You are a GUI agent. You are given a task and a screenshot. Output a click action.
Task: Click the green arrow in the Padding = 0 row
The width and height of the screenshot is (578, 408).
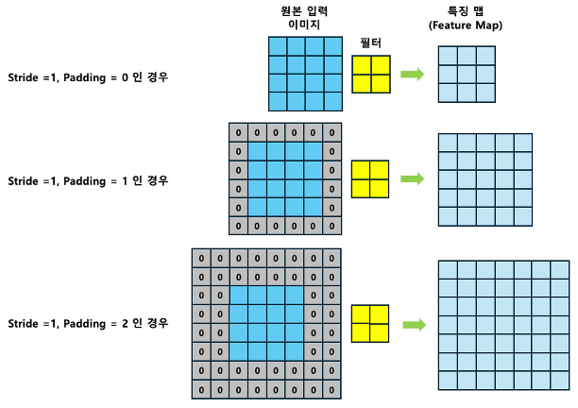(x=412, y=73)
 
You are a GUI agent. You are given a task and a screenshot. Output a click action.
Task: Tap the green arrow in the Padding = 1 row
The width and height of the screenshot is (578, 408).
(x=412, y=178)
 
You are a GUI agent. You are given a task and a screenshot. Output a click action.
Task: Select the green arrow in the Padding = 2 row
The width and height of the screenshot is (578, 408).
(x=412, y=324)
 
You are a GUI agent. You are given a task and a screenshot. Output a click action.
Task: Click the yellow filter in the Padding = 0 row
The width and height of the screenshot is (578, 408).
(x=371, y=73)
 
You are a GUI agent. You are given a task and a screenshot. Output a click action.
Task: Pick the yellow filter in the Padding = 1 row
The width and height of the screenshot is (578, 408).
(x=371, y=178)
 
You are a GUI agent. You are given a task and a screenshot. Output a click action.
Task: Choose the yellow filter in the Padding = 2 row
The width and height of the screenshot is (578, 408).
(x=371, y=324)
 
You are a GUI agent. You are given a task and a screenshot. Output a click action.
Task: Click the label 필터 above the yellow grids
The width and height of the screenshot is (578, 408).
(x=371, y=43)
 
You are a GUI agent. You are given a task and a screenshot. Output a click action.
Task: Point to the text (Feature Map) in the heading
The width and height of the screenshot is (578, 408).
(x=469, y=25)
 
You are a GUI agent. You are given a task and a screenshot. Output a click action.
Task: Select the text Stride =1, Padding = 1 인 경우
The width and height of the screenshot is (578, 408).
(x=88, y=179)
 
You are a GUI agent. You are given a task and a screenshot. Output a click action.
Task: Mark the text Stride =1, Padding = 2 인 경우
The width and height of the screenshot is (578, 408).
(x=88, y=323)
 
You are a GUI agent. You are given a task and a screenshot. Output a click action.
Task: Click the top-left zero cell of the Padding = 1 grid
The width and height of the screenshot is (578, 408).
(x=239, y=132)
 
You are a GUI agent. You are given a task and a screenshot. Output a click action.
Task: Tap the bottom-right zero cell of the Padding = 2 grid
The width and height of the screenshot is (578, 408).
(x=331, y=389)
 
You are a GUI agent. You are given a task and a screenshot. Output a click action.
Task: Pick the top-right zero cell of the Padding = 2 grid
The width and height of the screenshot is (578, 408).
(x=331, y=258)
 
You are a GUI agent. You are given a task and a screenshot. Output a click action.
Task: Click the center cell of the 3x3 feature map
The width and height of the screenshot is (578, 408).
(x=467, y=74)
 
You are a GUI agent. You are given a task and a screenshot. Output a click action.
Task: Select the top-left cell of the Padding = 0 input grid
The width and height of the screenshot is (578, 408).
(x=276, y=45)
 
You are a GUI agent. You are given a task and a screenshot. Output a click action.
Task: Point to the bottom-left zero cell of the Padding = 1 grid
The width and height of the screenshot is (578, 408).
(x=239, y=226)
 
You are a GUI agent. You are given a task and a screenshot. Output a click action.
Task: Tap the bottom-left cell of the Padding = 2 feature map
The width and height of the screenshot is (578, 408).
(x=449, y=381)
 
